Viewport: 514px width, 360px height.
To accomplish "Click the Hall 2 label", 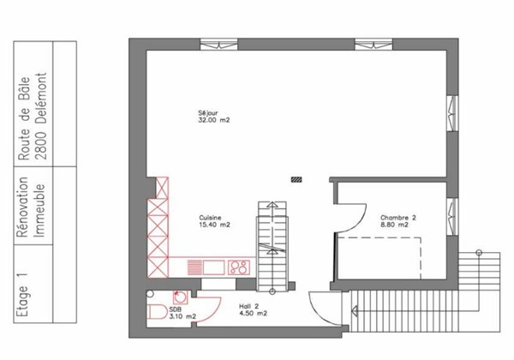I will coord(248,305).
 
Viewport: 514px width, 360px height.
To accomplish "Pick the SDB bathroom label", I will coord(175,309).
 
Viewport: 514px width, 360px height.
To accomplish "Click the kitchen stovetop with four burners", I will coord(238,267).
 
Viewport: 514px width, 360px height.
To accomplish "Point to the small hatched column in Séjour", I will coord(296,180).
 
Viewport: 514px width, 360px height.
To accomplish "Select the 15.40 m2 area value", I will coord(214,225).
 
